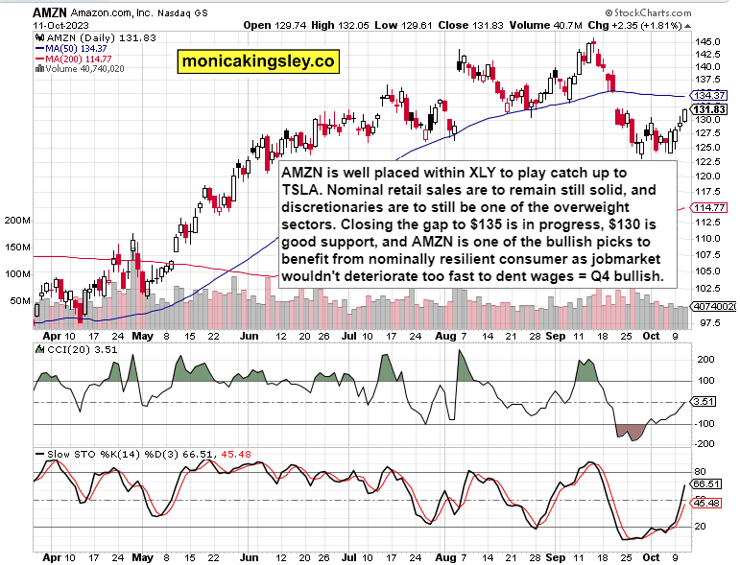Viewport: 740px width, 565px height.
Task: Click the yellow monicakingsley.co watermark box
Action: (257, 61)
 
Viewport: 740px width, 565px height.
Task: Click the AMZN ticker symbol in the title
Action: (26, 11)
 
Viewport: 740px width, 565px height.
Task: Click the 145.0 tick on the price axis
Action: (708, 42)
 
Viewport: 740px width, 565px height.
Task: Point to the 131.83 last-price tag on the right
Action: (708, 110)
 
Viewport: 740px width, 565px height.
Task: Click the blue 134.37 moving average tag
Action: (708, 96)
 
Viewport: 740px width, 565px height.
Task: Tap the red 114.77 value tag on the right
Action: (708, 208)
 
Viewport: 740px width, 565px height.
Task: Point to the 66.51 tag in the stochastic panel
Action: (708, 484)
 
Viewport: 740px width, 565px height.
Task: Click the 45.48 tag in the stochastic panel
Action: (708, 503)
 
